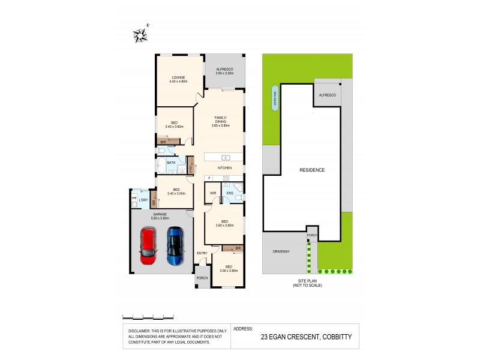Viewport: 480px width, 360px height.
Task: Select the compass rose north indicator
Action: (x=141, y=35)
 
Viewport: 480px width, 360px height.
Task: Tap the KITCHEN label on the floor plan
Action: (x=224, y=167)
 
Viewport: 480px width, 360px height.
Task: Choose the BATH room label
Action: (x=171, y=163)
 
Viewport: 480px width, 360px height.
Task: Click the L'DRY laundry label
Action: (x=143, y=200)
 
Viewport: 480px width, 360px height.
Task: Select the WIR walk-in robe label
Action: (x=213, y=193)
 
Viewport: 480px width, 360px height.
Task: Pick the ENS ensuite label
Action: (x=229, y=193)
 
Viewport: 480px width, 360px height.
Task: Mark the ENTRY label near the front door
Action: (x=202, y=253)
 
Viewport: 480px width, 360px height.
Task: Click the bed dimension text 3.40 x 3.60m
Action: (x=174, y=126)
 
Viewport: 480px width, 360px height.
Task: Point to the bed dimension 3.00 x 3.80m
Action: (x=228, y=271)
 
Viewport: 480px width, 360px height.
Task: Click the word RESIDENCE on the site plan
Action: (x=312, y=170)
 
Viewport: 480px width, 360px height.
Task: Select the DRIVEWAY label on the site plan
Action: (x=281, y=251)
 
